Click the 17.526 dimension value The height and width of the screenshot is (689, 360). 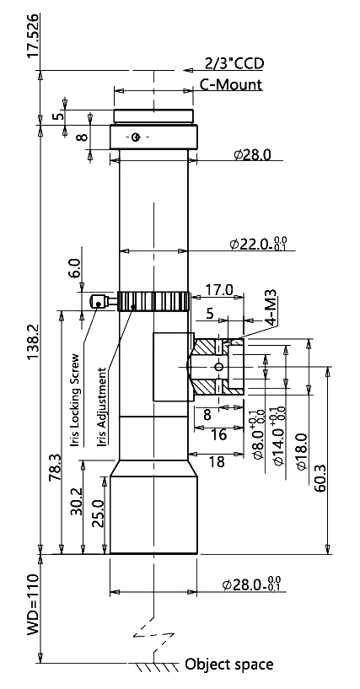[34, 35]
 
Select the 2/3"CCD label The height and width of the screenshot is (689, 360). [234, 64]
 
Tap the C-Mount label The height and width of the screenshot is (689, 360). [231, 84]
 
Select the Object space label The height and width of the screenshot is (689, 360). [228, 664]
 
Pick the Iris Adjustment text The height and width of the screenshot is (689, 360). [102, 406]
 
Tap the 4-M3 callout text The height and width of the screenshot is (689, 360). [272, 307]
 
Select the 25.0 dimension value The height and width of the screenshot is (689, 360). [99, 514]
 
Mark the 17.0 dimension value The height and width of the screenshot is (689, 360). [219, 289]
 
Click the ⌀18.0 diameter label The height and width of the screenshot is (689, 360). [302, 452]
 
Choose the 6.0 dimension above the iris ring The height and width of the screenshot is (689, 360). [75, 267]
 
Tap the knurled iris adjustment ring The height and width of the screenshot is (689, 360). [154, 301]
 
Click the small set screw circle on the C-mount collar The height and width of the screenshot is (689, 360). [136, 137]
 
